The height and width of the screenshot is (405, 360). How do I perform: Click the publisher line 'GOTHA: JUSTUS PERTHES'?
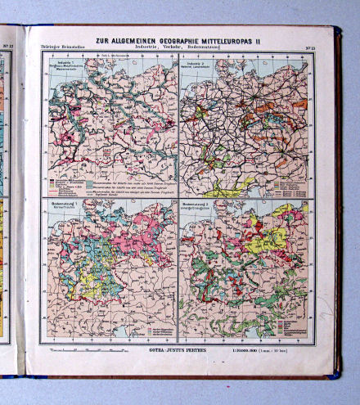pos(181,350)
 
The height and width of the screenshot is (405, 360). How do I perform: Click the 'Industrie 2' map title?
pos(194,66)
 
